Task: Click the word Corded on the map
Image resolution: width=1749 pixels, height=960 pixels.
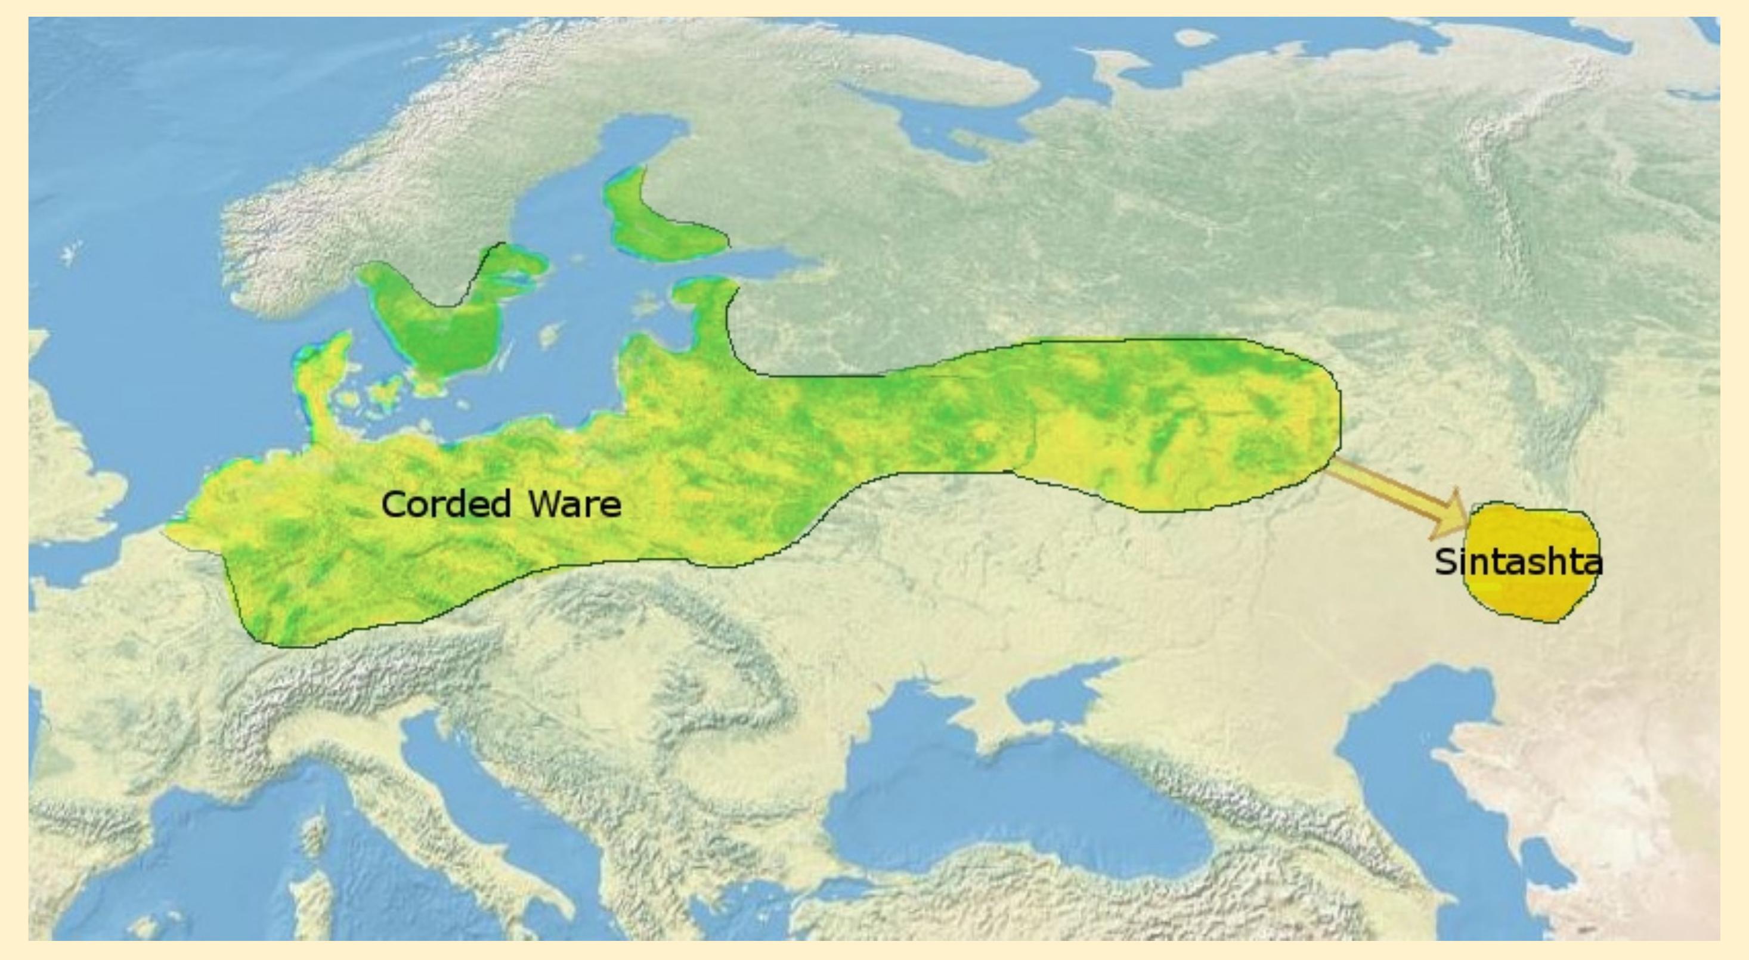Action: (x=445, y=504)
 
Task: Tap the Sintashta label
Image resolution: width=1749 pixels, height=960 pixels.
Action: (x=1518, y=562)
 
